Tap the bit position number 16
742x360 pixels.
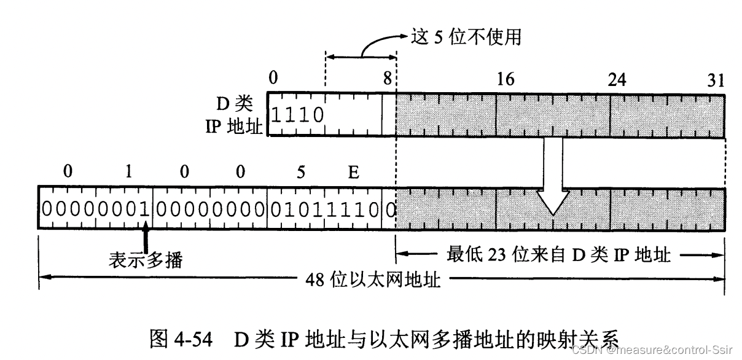(506, 80)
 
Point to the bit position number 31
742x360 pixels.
(715, 80)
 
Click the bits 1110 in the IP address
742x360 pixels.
(297, 114)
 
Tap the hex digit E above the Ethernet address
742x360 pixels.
(353, 173)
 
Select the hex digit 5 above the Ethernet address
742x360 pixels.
(301, 173)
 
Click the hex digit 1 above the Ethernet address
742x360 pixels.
(128, 173)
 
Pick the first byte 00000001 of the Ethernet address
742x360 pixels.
(95, 208)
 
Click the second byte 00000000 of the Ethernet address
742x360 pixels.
(210, 208)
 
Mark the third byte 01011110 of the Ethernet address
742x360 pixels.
(325, 208)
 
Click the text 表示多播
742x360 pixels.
(146, 260)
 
